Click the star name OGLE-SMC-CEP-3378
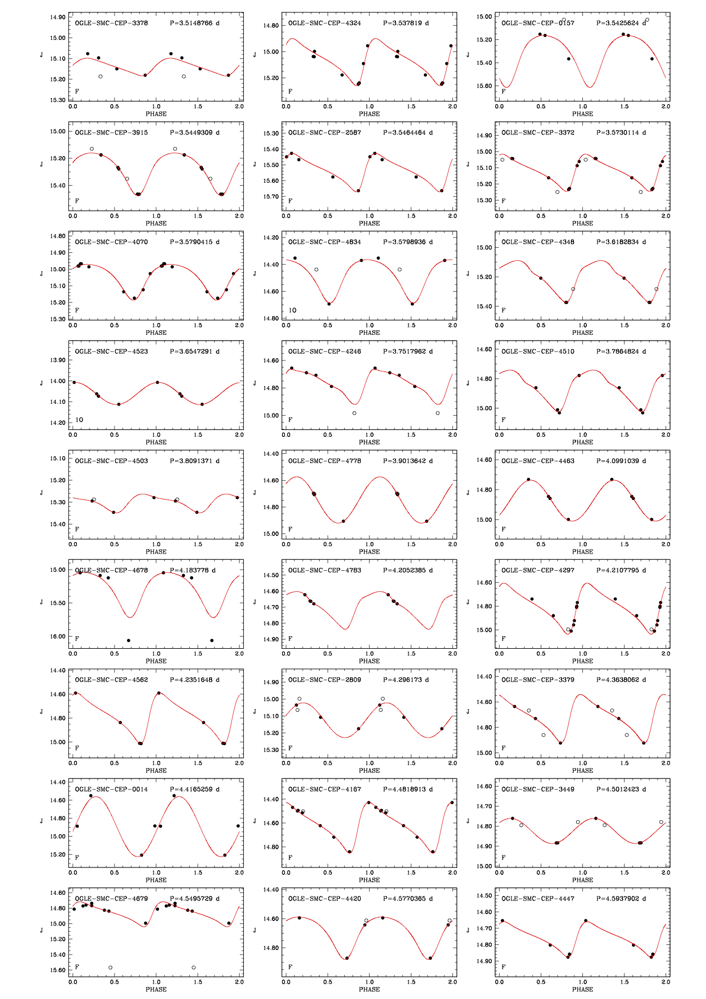click(x=111, y=23)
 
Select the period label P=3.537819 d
click(x=406, y=23)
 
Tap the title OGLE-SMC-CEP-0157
click(x=538, y=23)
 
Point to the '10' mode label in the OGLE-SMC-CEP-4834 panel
click(x=292, y=310)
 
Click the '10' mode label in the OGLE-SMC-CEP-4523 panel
click(x=79, y=420)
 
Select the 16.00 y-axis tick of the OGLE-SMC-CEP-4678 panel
click(x=58, y=637)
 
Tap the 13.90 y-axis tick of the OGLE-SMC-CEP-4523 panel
click(x=58, y=360)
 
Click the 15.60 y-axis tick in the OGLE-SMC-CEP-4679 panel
click(x=58, y=970)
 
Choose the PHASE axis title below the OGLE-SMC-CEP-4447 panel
click(x=582, y=989)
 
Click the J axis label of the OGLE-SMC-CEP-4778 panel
click(x=255, y=493)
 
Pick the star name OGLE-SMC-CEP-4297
click(x=538, y=570)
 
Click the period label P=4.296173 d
click(x=406, y=679)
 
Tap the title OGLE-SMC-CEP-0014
click(x=111, y=789)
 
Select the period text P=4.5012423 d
click(x=621, y=789)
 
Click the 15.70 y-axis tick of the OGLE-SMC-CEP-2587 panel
click(x=271, y=196)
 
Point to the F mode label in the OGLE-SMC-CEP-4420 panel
click(x=290, y=967)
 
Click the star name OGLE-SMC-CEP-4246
click(x=324, y=351)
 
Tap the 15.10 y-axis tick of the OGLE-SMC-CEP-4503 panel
click(x=58, y=458)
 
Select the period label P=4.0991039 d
click(x=621, y=461)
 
